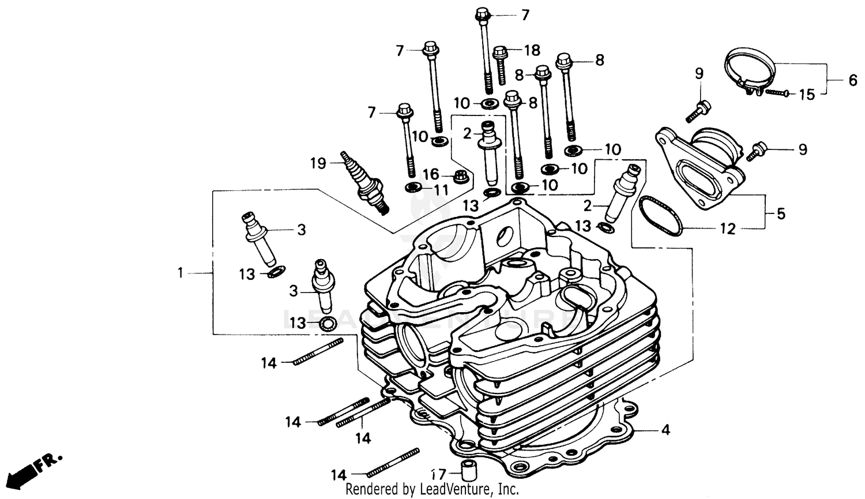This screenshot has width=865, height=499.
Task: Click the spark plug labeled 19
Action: (364, 182)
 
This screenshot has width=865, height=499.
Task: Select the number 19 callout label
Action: (318, 164)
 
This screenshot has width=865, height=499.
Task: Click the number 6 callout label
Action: (852, 80)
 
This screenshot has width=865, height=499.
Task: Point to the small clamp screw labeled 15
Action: (777, 92)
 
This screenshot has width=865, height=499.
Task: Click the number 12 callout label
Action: (728, 229)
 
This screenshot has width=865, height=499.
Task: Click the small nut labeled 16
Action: (461, 176)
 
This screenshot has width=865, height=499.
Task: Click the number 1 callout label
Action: (180, 272)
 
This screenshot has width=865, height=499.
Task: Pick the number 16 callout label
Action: (431, 175)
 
